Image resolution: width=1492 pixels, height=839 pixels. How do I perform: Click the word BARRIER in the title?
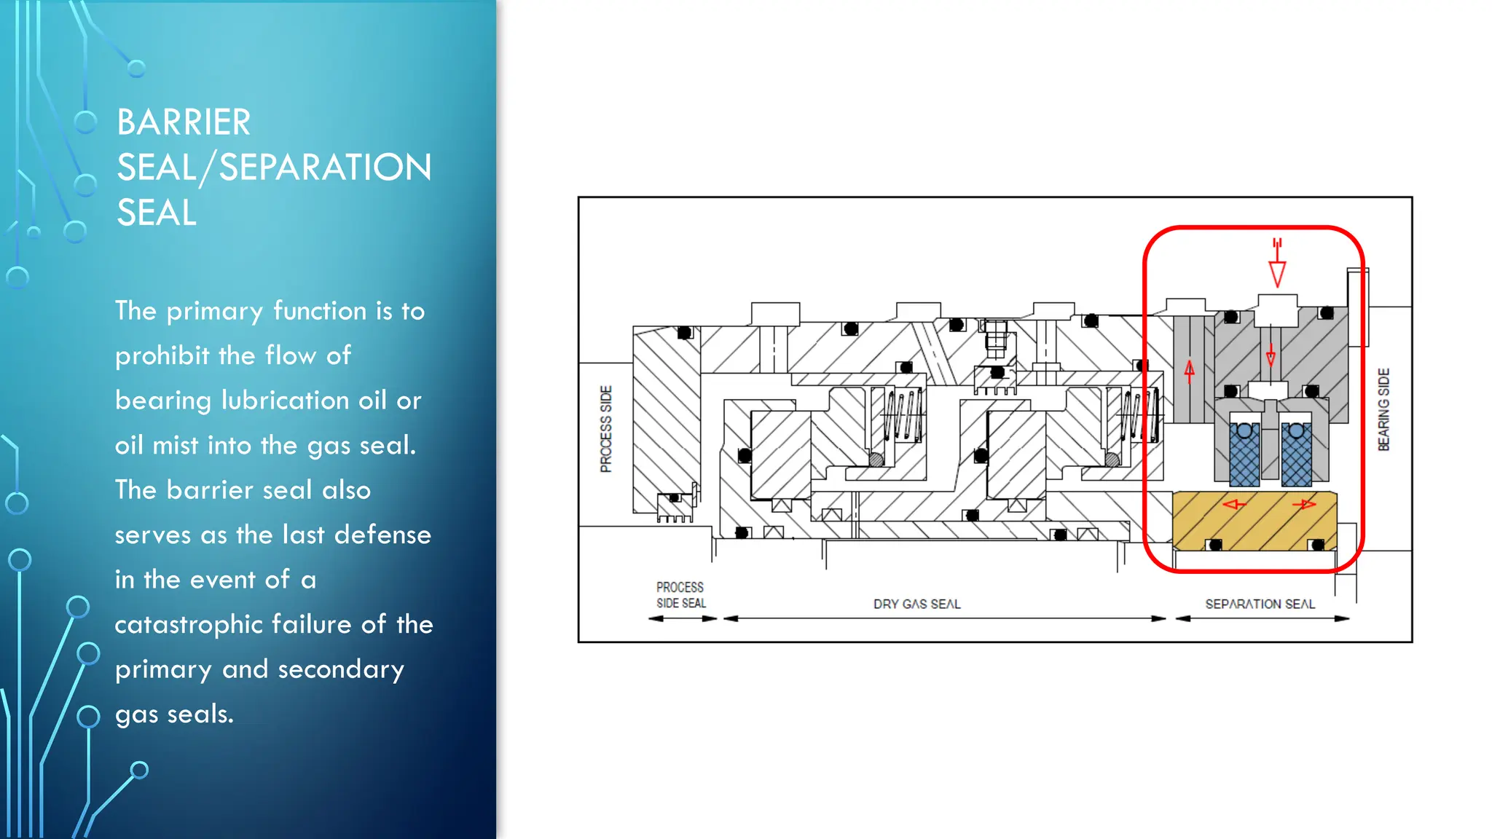tap(184, 122)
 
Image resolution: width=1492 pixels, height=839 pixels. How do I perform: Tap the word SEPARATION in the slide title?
tap(325, 168)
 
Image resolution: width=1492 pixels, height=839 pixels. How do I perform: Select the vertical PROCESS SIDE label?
tap(606, 429)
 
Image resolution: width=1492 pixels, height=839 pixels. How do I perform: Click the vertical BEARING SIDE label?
tap(1383, 409)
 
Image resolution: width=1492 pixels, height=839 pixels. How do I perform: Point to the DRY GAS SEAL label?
tap(916, 604)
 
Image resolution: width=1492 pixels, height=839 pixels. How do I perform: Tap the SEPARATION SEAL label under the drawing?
tap(1260, 604)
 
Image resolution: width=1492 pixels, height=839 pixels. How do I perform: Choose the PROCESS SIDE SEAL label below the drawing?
tap(680, 595)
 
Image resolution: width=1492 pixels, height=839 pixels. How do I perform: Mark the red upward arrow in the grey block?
tap(1190, 371)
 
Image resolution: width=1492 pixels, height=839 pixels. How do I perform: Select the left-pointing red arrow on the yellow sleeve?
tap(1233, 504)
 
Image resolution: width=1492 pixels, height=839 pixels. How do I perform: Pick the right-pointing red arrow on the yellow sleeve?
tap(1304, 504)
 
